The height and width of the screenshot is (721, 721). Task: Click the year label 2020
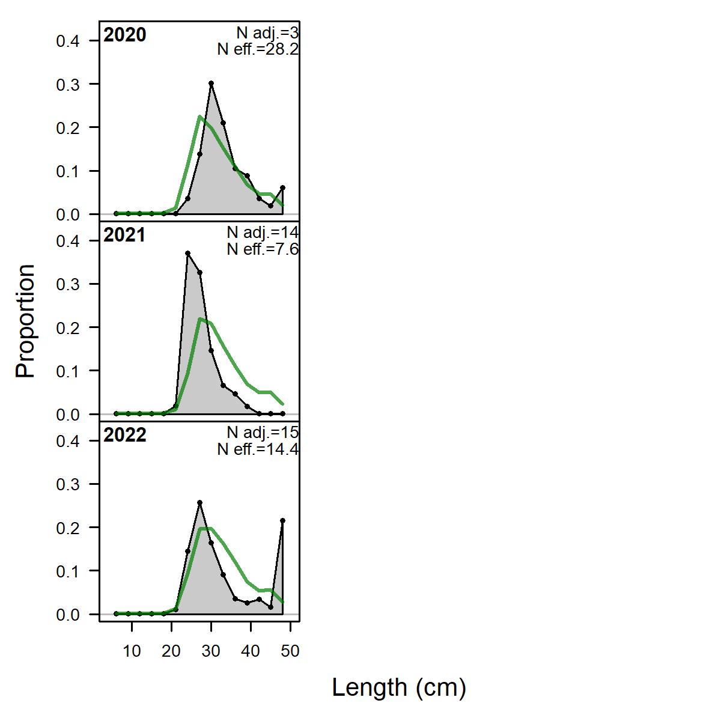click(x=124, y=35)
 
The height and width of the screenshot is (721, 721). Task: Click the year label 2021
click(x=124, y=235)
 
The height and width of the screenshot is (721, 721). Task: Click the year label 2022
click(x=124, y=435)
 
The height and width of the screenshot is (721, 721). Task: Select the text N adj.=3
click(x=267, y=34)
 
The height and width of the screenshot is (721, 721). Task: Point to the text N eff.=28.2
click(x=258, y=49)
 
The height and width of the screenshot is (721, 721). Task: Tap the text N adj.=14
click(x=263, y=233)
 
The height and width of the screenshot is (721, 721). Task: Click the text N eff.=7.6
click(x=263, y=249)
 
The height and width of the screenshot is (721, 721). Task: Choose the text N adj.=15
click(x=263, y=433)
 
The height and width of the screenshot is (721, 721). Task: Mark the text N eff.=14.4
click(x=258, y=449)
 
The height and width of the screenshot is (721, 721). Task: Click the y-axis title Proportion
click(x=25, y=321)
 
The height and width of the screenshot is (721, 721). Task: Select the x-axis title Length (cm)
click(x=399, y=688)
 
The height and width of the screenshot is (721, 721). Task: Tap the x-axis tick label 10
click(x=132, y=651)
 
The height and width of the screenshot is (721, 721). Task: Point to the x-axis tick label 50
click(x=290, y=651)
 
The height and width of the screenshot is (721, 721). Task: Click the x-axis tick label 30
click(x=211, y=651)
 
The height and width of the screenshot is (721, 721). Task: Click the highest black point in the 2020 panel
click(x=211, y=83)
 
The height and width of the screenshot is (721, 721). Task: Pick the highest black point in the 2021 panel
click(x=188, y=254)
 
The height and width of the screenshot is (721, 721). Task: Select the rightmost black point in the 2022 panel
click(x=282, y=520)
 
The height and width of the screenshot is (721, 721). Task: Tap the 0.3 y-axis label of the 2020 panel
click(x=68, y=85)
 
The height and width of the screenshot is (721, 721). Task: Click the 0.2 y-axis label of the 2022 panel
click(x=68, y=528)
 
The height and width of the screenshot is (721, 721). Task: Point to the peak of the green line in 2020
click(x=199, y=117)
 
